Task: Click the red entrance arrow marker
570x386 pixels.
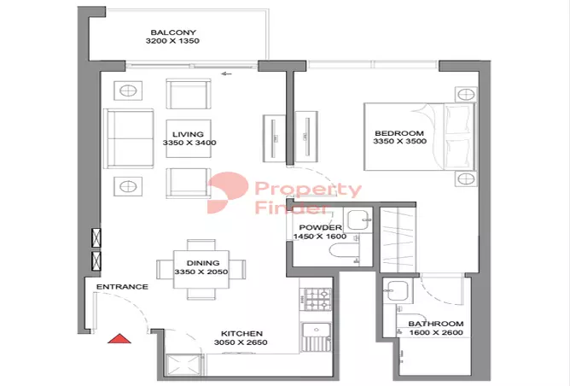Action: tap(119, 338)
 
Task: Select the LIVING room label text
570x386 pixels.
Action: tap(188, 134)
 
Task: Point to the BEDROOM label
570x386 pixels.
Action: tap(398, 133)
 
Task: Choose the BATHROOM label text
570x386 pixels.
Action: tap(435, 324)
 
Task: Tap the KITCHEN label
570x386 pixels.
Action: tap(241, 334)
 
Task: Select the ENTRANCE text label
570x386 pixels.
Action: tap(122, 287)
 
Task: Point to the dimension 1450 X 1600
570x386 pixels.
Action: tap(318, 237)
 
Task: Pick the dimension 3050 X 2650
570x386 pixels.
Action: tap(241, 343)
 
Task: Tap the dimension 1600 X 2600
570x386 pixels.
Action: tap(435, 333)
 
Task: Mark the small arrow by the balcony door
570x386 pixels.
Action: tap(226, 74)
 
